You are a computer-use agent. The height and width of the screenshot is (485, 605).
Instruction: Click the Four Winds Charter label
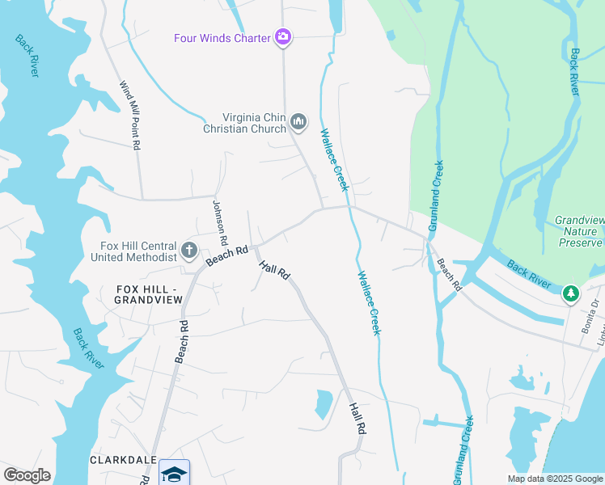tap(222, 38)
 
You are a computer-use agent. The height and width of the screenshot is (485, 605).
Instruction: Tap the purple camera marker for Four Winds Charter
tap(283, 36)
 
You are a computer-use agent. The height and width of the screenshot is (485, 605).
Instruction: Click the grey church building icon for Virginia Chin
tap(298, 122)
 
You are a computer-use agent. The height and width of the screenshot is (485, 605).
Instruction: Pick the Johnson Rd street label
tap(218, 217)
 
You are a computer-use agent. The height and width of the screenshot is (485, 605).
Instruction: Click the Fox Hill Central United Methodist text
tap(138, 251)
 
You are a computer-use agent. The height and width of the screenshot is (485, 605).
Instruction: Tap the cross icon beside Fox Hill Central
tap(189, 250)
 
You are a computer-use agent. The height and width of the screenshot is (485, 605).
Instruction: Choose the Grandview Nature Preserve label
tap(578, 231)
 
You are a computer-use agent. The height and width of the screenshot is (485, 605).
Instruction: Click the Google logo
tap(27, 474)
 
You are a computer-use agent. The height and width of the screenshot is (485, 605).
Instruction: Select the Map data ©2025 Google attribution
tap(554, 479)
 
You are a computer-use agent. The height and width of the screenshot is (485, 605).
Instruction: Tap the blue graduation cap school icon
tap(174, 473)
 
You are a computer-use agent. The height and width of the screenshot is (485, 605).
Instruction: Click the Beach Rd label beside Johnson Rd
tap(226, 255)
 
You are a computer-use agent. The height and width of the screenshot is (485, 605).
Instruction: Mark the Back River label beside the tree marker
tap(530, 275)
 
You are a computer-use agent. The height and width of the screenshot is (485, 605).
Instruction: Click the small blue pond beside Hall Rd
tap(323, 404)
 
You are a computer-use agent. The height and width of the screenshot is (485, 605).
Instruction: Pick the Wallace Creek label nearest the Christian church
tap(334, 160)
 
